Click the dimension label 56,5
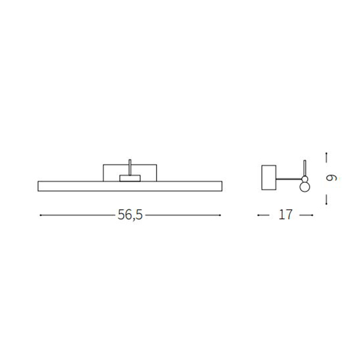point(130,215)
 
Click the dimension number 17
point(286,215)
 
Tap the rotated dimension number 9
point(331,178)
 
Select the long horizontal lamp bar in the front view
point(130,186)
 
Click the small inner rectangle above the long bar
point(130,178)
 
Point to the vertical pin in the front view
point(130,167)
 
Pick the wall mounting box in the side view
point(269,178)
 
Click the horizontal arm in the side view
point(289,179)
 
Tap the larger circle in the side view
point(305,187)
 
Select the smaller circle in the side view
point(305,179)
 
